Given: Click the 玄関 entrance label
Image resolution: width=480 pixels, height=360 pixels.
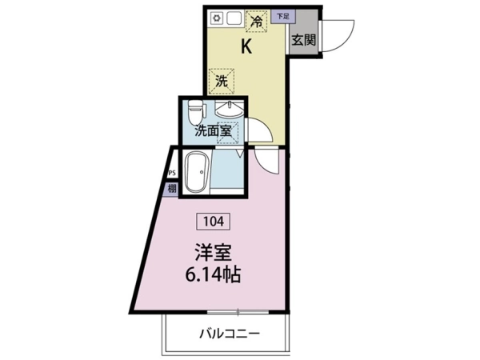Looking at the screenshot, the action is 303,40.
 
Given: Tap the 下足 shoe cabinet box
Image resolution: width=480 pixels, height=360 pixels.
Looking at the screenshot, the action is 283,17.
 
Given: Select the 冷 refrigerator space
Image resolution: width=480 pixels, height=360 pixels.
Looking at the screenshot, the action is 257,21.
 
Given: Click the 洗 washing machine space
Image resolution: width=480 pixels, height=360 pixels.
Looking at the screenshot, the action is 222,82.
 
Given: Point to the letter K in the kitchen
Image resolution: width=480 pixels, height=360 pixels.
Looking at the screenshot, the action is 246,47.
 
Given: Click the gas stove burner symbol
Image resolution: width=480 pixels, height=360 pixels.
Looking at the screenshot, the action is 217,18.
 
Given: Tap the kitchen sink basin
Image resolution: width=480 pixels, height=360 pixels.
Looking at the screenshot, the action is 234,18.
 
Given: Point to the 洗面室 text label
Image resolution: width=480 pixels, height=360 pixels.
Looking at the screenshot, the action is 213,131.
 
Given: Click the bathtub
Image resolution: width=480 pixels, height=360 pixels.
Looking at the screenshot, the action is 198,172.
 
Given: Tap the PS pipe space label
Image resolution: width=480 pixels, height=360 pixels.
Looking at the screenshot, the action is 172,173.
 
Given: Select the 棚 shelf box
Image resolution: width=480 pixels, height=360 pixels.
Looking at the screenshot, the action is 172,189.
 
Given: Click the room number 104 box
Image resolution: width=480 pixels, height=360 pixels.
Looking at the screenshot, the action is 214,221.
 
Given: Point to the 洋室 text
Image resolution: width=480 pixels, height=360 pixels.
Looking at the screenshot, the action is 213,253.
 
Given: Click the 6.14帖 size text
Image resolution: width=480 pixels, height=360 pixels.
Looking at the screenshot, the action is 213,275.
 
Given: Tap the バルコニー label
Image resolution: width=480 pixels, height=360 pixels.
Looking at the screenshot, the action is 230,334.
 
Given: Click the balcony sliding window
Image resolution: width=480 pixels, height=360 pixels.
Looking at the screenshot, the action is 238,312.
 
